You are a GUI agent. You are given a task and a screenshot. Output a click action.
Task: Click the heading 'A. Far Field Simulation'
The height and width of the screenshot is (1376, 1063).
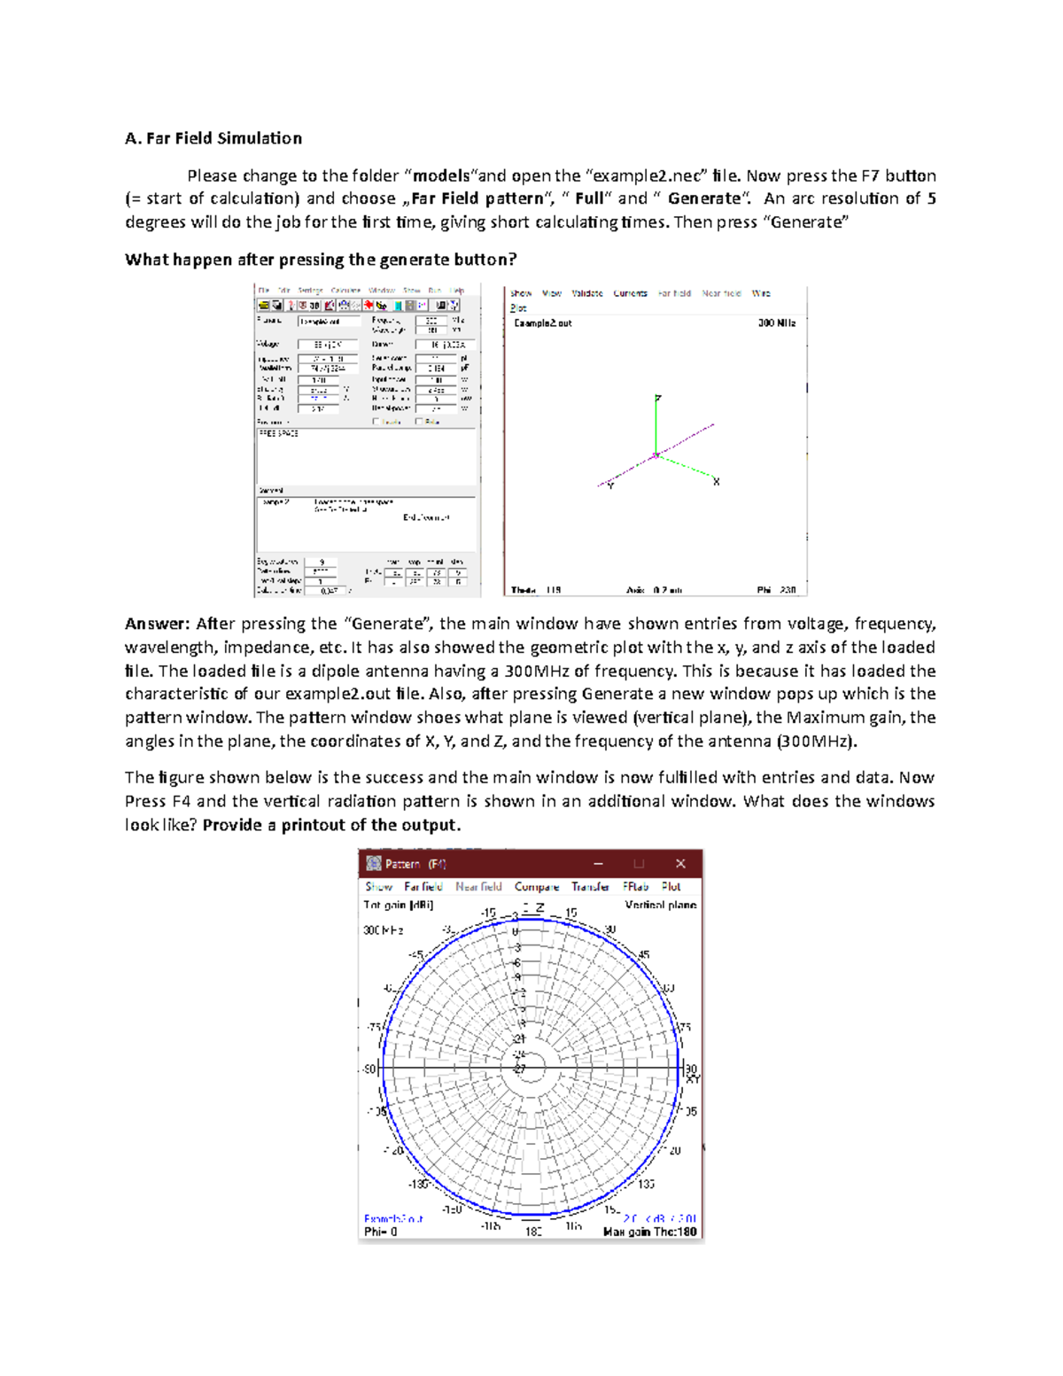[x=213, y=138]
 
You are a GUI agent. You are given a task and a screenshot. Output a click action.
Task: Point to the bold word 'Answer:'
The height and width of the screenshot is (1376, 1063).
[x=157, y=624]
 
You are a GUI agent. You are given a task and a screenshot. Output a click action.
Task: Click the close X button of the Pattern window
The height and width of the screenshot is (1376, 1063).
[x=680, y=864]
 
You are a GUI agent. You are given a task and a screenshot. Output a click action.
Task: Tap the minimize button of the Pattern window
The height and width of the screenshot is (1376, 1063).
[x=599, y=864]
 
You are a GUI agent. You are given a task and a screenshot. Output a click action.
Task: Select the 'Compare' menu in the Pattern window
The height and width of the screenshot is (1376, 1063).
[x=536, y=887]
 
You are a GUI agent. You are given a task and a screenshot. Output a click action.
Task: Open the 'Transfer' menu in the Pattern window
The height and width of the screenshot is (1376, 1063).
[x=590, y=887]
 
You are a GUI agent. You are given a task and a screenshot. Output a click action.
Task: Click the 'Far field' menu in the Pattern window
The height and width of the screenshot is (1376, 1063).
[x=423, y=887]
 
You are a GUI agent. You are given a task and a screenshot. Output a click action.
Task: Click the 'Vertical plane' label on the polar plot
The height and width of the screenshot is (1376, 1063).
[x=660, y=906]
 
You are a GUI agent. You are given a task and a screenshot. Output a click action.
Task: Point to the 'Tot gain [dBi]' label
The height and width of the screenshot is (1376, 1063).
[x=398, y=906]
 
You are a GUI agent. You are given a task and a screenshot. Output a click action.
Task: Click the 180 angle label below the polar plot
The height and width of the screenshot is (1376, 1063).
[x=533, y=1232]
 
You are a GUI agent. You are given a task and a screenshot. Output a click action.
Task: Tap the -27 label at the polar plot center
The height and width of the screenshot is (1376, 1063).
[x=519, y=1069]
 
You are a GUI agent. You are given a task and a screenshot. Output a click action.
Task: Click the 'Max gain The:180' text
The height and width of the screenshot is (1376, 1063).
[x=649, y=1232]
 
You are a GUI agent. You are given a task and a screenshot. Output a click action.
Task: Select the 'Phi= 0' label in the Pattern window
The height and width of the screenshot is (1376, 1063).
[x=381, y=1232]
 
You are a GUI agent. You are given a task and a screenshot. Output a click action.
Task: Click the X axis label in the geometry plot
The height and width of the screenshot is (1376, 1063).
[x=716, y=482]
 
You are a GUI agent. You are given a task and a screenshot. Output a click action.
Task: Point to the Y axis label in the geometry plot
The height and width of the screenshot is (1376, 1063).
[x=610, y=486]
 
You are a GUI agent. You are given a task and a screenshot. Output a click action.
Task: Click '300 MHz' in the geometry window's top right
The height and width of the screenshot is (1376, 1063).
[x=776, y=323]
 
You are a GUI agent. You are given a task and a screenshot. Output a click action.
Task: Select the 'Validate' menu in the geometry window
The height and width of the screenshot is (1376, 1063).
[x=586, y=293]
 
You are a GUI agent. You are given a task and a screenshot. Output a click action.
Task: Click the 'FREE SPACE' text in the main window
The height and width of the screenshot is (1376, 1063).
[x=278, y=434]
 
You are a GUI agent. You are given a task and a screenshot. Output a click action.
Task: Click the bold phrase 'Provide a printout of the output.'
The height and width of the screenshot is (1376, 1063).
[x=331, y=826]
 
